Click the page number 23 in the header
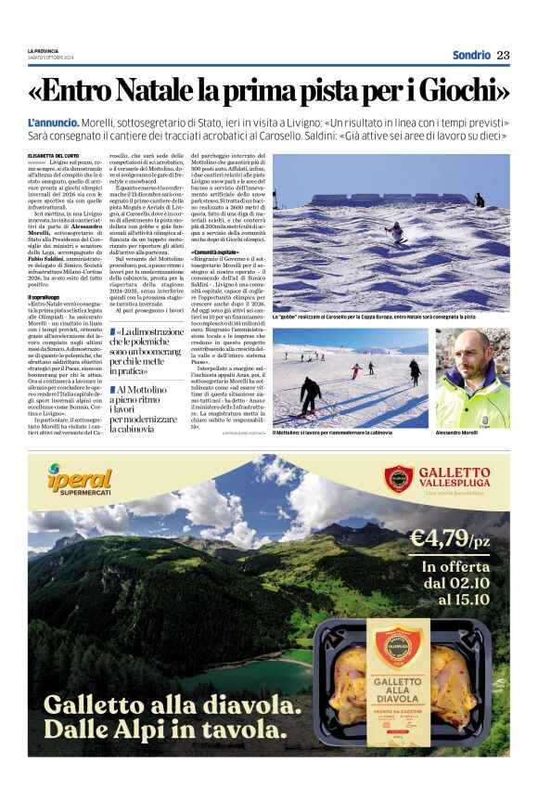(503, 55)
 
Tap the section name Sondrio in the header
(471, 55)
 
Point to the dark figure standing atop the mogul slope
(480, 199)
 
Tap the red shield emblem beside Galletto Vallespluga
(398, 480)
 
